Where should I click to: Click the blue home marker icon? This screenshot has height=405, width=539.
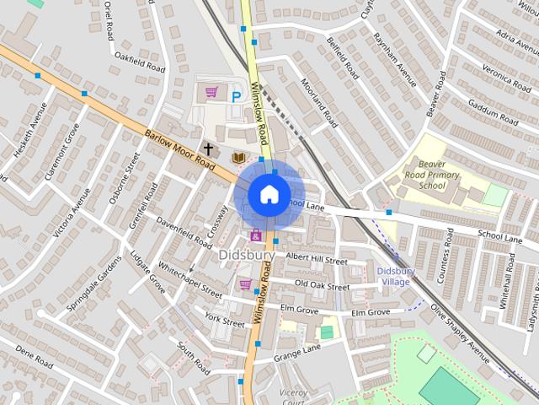pyautogui.click(x=269, y=193)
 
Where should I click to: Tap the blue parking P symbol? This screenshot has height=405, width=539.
pyautogui.click(x=237, y=96)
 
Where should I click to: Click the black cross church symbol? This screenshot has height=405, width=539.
pyautogui.click(x=208, y=148)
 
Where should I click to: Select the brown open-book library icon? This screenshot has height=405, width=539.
pyautogui.click(x=238, y=158)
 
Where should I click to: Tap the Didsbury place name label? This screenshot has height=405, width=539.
pyautogui.click(x=247, y=254)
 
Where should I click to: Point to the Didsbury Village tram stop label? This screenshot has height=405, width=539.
pyautogui.click(x=395, y=276)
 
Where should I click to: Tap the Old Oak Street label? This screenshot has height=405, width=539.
pyautogui.click(x=322, y=285)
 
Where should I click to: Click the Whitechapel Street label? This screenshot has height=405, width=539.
pyautogui.click(x=190, y=282)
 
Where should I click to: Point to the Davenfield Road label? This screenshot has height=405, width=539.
pyautogui.click(x=184, y=229)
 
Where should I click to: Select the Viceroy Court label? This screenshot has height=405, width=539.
pyautogui.click(x=294, y=397)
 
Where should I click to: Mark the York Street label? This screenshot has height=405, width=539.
pyautogui.click(x=224, y=320)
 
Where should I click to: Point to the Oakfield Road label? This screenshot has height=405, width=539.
pyautogui.click(x=140, y=62)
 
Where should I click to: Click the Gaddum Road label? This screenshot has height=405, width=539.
pyautogui.click(x=494, y=111)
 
